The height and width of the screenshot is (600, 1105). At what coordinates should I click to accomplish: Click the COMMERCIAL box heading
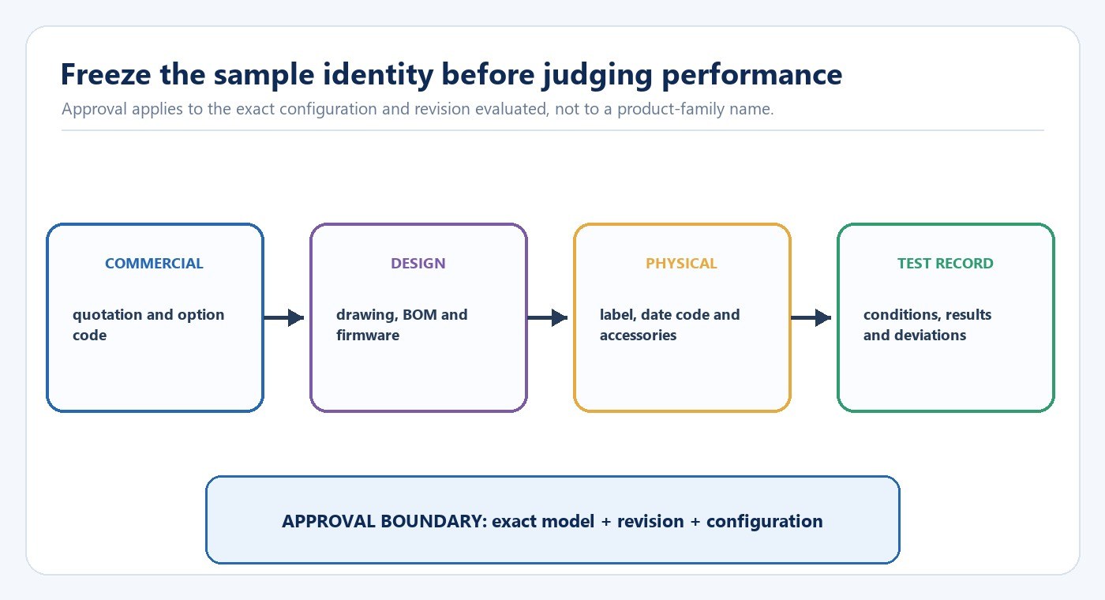coord(154,264)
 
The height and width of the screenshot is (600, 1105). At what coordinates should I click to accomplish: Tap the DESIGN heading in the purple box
coord(418,264)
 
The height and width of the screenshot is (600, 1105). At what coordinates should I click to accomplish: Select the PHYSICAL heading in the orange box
coord(681,264)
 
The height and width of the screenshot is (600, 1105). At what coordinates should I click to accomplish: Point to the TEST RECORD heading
coord(946,264)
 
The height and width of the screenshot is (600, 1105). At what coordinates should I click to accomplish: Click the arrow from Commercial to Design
coord(283,317)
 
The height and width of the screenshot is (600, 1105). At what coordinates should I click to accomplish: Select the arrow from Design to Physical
coord(548,317)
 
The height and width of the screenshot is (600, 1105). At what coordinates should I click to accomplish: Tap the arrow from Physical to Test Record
coord(811,317)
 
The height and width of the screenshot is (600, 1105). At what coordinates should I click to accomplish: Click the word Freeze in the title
coord(106,74)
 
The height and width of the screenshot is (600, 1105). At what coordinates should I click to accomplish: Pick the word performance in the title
coord(751,76)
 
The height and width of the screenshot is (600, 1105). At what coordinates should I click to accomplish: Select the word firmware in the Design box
coord(368,336)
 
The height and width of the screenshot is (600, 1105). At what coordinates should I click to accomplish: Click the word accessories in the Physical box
coord(638,336)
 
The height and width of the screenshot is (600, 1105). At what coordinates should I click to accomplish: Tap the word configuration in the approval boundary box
coord(765,522)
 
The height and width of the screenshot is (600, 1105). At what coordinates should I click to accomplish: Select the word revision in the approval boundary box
coord(650,522)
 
